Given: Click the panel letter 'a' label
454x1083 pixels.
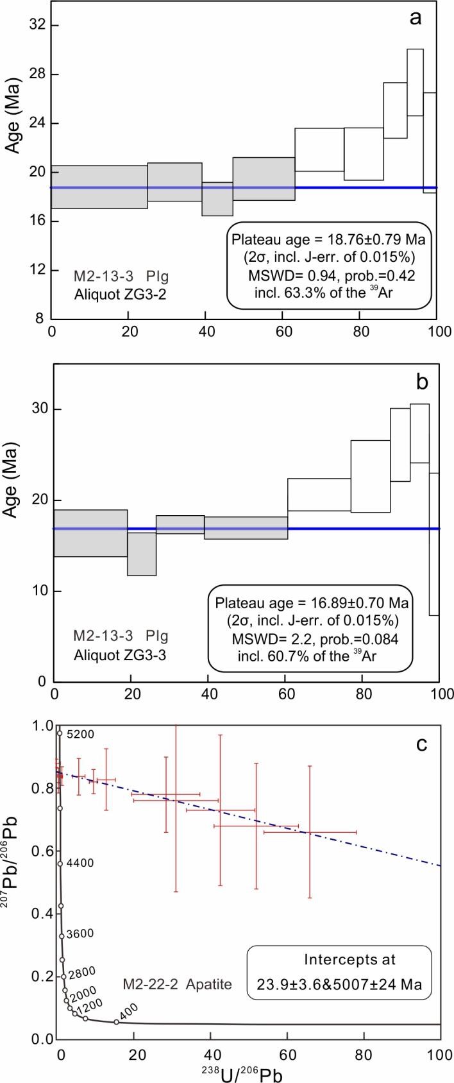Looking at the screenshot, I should tap(416, 18).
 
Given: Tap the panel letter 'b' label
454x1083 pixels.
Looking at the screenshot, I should tap(422, 382).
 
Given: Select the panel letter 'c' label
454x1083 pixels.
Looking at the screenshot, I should tap(421, 745).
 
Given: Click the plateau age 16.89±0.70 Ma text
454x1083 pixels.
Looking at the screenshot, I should tap(313, 604).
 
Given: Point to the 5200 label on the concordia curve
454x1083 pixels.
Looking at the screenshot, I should tap(81, 735).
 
